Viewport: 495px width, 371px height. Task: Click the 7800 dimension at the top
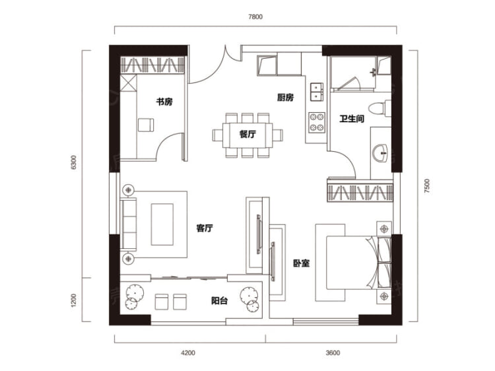255,17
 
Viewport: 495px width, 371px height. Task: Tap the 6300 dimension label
74,162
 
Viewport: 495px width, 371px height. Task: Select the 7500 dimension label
427,186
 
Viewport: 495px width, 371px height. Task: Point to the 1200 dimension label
74,300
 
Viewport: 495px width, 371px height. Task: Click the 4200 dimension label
188,353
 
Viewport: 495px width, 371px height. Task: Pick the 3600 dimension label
333,353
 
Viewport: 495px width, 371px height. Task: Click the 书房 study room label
164,102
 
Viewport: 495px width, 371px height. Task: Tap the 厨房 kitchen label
285,97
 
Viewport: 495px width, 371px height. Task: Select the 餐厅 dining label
247,134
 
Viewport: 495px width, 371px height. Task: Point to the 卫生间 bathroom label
352,119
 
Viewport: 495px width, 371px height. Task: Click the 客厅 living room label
205,228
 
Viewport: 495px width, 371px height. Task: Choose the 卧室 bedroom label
302,263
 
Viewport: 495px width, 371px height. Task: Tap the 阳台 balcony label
219,300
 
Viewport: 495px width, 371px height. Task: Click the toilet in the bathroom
379,108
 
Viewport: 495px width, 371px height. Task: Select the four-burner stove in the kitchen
317,122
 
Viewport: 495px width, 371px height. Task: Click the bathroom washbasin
380,153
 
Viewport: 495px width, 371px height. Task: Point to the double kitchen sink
317,92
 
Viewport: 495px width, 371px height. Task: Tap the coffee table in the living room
162,224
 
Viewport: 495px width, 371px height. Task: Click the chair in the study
146,125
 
